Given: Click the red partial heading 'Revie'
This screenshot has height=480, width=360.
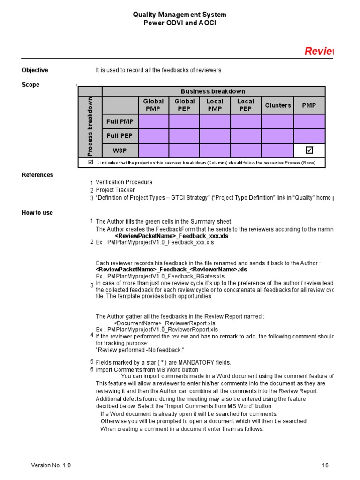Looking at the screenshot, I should click(x=319, y=51).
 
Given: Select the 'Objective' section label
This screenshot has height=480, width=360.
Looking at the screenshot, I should click(x=35, y=70).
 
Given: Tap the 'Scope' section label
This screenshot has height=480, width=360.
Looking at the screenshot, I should click(x=30, y=85).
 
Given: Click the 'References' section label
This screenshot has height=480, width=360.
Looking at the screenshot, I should click(x=37, y=175).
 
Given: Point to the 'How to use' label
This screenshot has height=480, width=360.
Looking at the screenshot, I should click(x=37, y=213).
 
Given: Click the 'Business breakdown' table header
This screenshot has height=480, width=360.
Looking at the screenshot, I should click(x=213, y=91).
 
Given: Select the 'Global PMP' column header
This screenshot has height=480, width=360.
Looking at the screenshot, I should click(x=153, y=105).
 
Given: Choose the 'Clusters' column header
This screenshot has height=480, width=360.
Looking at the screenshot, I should click(x=277, y=105).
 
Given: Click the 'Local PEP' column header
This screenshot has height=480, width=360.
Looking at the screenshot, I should click(x=246, y=105).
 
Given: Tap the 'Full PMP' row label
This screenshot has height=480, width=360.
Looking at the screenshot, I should click(x=120, y=121).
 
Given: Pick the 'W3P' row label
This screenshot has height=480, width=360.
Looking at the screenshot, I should click(x=120, y=150).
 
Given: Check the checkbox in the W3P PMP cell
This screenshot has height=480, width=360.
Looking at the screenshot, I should click(x=309, y=150).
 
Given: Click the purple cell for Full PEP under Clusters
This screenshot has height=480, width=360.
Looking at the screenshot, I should click(x=277, y=136).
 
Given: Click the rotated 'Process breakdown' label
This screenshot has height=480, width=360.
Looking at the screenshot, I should click(x=90, y=127).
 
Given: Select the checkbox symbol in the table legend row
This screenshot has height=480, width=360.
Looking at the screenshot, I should click(x=91, y=162).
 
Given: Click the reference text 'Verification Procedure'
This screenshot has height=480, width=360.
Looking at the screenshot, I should click(x=124, y=182).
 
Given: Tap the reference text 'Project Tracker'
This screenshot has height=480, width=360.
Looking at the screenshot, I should click(x=115, y=190).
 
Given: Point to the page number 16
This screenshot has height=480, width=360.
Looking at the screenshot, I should click(x=325, y=465).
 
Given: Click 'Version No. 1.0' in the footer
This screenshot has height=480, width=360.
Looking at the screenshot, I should click(x=51, y=465).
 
